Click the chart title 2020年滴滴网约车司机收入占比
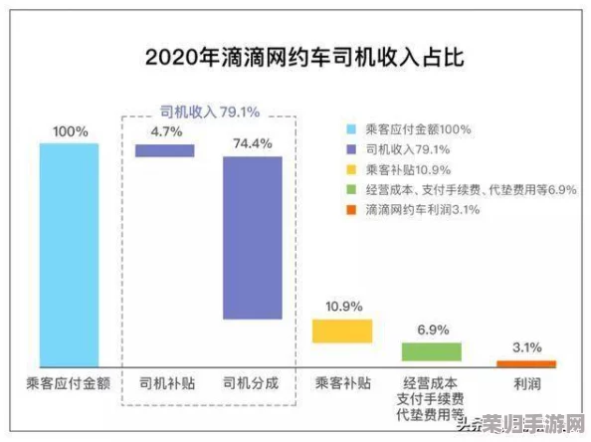coord(295,57)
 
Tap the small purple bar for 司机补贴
coord(165,150)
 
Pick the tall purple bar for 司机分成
coord(252,237)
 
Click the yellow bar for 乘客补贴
coord(342,331)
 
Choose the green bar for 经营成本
coord(432,350)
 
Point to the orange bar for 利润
coord(526,363)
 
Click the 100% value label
coord(70,130)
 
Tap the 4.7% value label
coord(165,130)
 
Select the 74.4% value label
coord(252,142)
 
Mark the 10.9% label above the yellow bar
coord(343,305)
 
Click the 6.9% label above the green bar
coord(433,328)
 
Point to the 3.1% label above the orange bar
coord(526,347)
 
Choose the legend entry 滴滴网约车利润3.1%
coord(424,209)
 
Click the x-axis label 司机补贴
coord(165,382)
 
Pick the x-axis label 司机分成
coord(252,382)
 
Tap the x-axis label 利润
coord(526,382)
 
